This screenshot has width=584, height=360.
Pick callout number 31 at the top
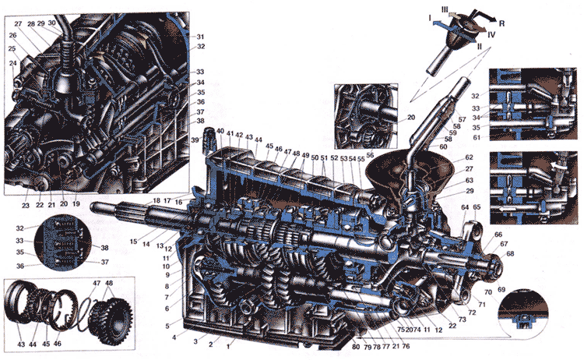coord(200,37)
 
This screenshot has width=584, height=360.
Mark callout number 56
coord(371,154)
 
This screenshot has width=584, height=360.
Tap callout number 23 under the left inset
coord(25,205)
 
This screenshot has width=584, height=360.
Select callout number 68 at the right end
coord(510,253)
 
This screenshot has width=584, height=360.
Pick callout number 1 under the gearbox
coord(228,344)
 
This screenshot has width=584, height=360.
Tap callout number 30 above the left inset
coord(52,23)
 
